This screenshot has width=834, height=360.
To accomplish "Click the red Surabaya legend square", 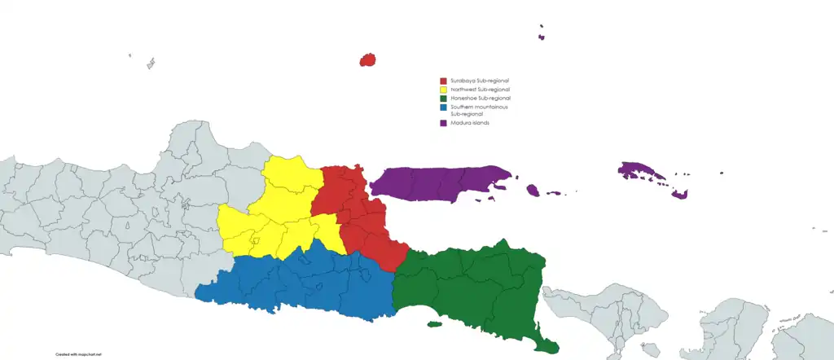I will point(443,81).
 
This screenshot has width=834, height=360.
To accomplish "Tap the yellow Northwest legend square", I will point(443,90).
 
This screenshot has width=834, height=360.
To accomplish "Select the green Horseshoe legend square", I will point(443,98).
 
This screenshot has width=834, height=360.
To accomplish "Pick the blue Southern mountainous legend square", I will point(443,107).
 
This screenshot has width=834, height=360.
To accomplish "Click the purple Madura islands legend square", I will point(443,123).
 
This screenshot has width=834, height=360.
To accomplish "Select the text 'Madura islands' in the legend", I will point(469,123).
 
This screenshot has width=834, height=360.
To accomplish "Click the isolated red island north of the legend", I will point(367,59).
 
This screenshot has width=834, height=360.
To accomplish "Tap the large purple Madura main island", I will point(440,183).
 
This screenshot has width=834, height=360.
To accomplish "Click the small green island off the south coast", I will point(434,324).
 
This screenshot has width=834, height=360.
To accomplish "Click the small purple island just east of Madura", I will point(533,191).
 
